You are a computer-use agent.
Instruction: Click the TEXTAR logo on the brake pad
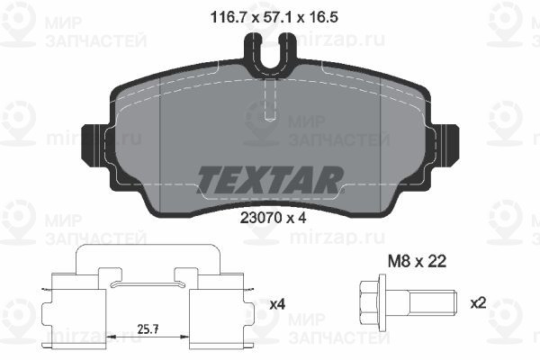pos(270,180)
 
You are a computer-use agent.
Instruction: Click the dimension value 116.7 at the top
pos(228,17)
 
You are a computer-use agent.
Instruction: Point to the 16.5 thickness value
pos(323,17)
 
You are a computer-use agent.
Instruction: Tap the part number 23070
pos(261,218)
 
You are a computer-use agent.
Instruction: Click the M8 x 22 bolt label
pos(417,262)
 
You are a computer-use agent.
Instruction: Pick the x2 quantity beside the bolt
pos(478,303)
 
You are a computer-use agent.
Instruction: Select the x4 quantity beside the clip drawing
pos(277,304)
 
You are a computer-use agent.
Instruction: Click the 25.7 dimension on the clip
pos(148,329)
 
